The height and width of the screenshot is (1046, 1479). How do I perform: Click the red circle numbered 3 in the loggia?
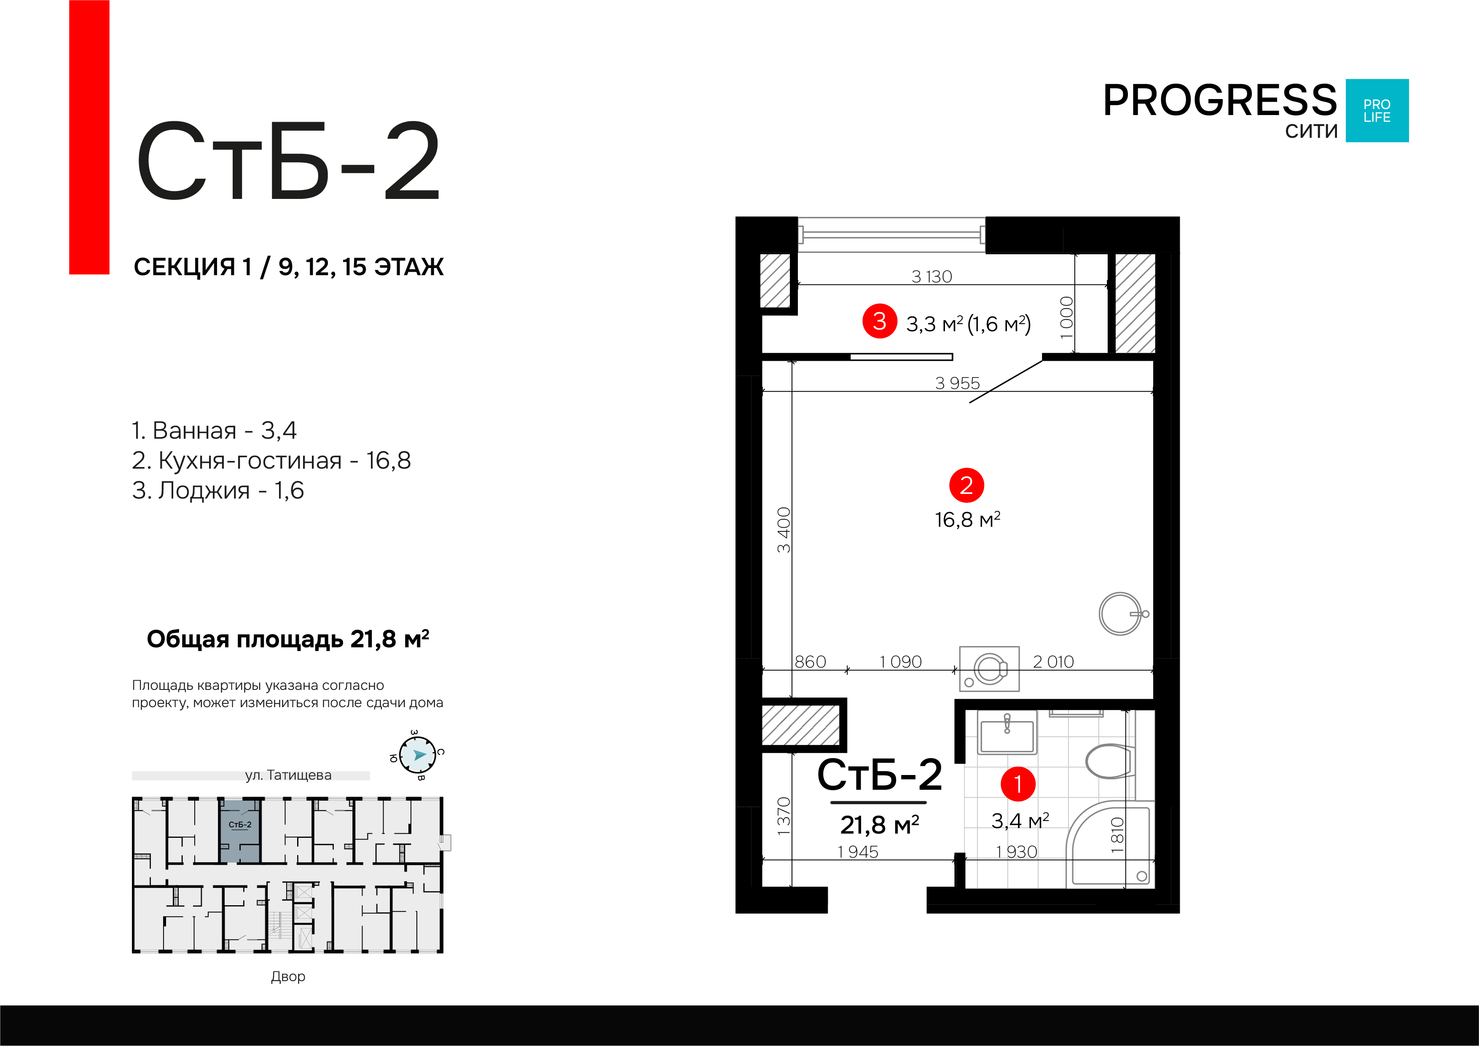tap(879, 321)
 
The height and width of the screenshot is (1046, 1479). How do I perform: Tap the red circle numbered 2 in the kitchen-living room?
tap(966, 485)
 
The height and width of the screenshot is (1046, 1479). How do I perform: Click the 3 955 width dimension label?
tap(957, 383)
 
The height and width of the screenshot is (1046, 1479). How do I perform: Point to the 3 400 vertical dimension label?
tap(783, 529)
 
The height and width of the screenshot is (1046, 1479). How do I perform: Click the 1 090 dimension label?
tap(901, 662)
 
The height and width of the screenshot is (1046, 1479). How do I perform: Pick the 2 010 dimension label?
tap(1053, 662)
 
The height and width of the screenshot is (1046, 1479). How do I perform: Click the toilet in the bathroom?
tap(1109, 761)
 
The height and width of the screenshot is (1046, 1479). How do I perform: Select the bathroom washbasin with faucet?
tap(1007, 734)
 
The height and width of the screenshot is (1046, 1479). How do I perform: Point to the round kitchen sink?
tap(1120, 614)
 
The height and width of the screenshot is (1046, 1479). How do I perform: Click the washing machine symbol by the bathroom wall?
tap(989, 668)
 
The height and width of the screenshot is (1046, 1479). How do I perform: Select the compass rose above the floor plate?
tap(417, 755)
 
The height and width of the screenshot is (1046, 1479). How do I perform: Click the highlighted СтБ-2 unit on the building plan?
tap(240, 831)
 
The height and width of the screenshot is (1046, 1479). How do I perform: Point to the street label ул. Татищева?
tap(288, 775)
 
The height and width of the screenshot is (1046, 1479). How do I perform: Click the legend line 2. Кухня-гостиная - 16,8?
tap(271, 461)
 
